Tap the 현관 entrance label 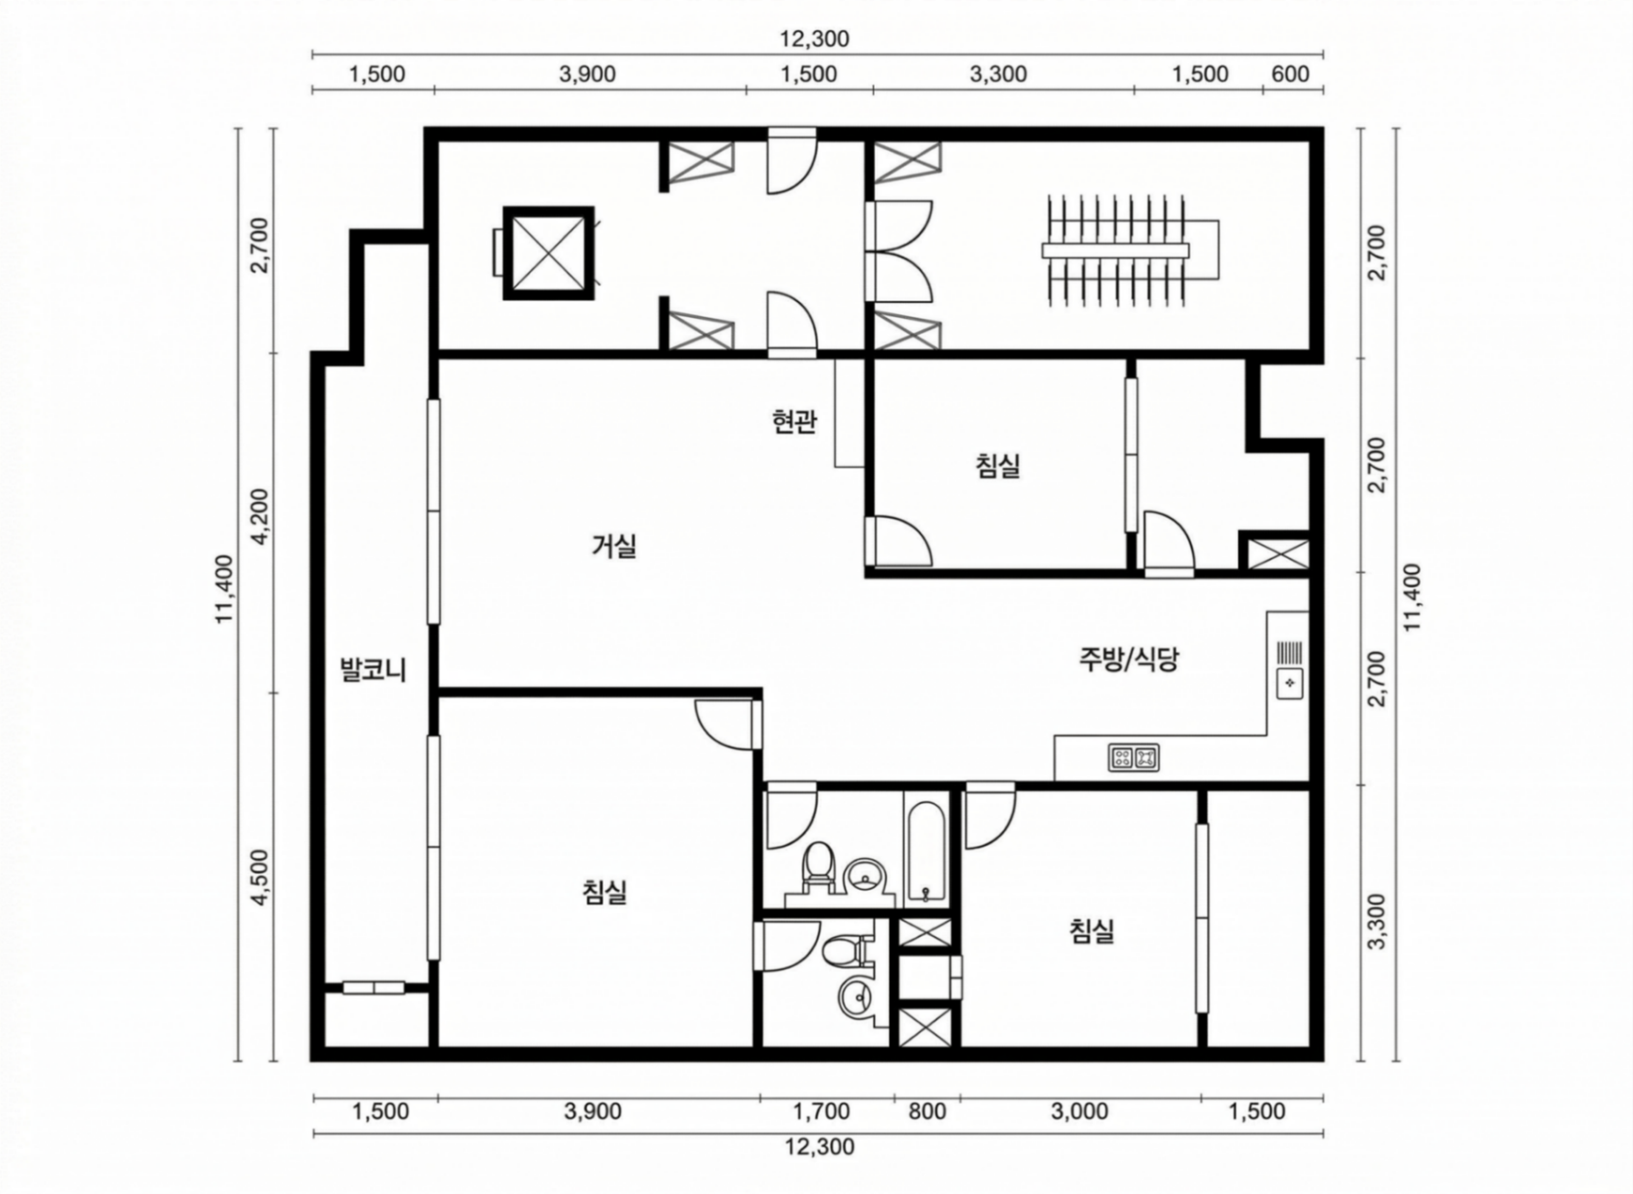point(794,421)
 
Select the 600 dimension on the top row point(1290,74)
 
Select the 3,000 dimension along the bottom point(1079,1111)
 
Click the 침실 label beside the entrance point(998,466)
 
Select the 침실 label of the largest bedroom point(604,893)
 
